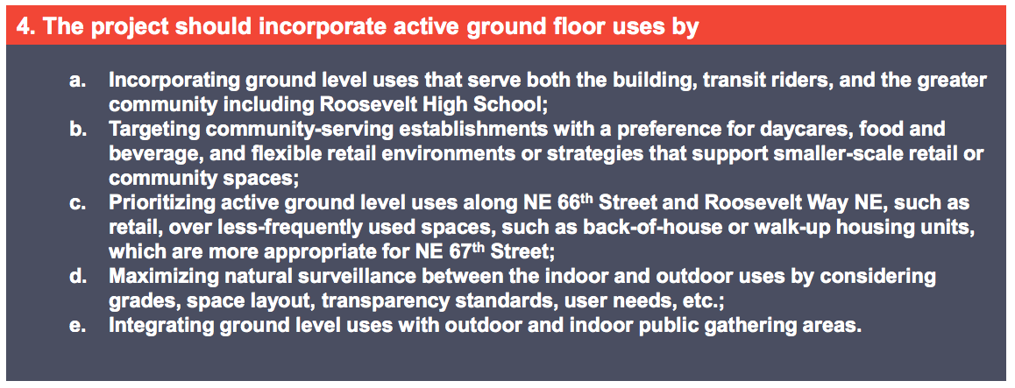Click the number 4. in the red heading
26,26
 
